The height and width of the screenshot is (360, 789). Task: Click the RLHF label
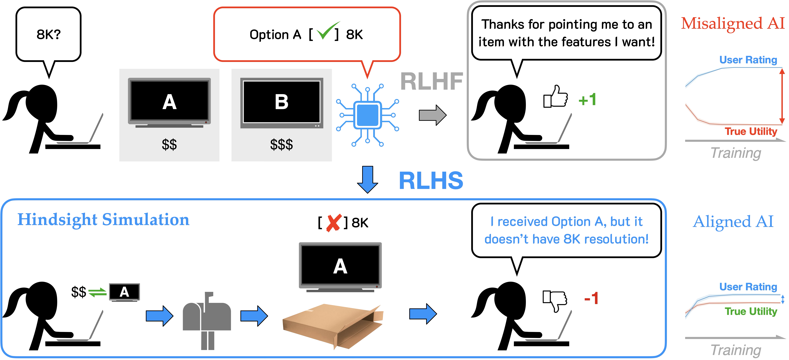coord(432,82)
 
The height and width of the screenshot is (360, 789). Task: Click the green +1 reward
coord(587,100)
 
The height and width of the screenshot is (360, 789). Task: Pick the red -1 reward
coord(591,298)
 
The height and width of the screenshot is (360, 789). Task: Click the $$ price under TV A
coord(169,144)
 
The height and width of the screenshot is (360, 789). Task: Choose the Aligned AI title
coord(733,221)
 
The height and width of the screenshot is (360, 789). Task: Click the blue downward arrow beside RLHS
coord(368,179)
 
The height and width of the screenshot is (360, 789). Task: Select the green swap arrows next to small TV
coord(97,293)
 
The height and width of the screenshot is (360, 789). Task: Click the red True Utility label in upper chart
coord(751,131)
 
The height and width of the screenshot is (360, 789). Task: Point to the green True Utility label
coord(751,311)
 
